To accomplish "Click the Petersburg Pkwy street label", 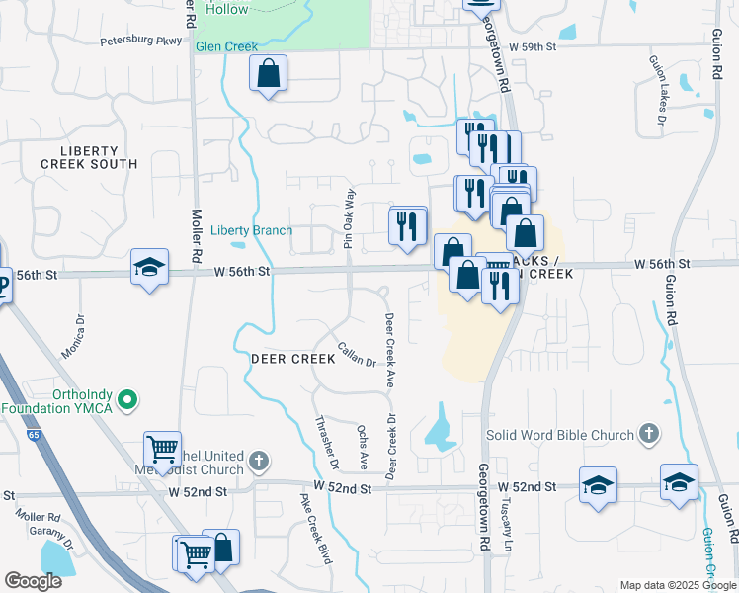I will pos(141,42).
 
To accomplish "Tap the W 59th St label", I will pos(533,46).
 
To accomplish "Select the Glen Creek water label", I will pos(226,46).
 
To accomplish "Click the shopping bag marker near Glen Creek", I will pos(268,74).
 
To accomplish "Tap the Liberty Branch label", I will pos(251,230).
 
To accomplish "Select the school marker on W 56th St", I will pos(149,267).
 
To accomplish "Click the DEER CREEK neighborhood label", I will pos(293,359).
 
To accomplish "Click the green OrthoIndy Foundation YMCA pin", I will pos(125,400).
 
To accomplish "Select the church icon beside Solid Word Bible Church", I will pos(648,433).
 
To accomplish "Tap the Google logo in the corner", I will pos(33,581).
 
